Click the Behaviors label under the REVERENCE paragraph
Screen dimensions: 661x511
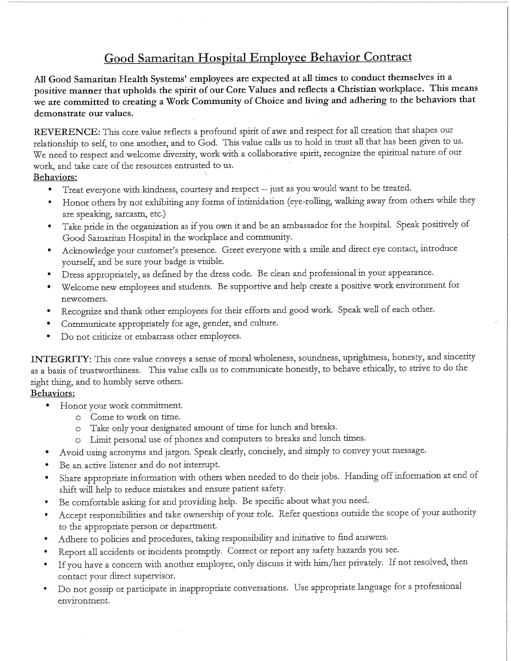point(55,177)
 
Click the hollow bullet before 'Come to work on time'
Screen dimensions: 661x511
point(78,417)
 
